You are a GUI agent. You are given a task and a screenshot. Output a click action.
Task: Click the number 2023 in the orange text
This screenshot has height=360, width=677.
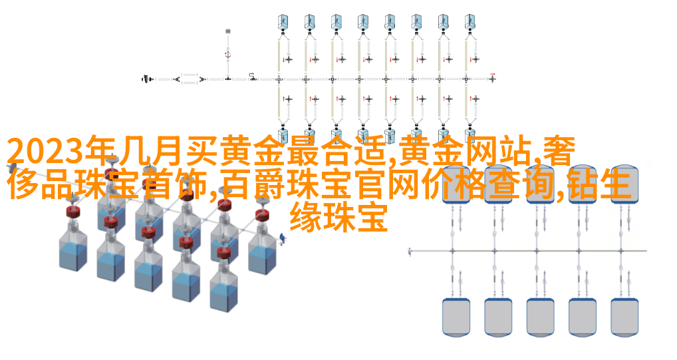45,152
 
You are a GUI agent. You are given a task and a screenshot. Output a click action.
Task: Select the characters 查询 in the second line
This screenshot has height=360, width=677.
521,184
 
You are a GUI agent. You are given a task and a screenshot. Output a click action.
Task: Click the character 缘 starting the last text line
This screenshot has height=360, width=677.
305,218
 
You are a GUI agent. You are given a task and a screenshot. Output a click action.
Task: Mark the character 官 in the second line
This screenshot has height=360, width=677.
371,184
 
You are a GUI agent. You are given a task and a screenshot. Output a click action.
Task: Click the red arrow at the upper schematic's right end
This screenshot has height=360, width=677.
492,74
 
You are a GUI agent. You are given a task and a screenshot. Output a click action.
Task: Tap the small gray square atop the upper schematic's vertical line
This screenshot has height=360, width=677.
228,31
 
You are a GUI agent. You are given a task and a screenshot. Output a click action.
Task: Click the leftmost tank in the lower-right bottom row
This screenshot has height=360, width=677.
456,317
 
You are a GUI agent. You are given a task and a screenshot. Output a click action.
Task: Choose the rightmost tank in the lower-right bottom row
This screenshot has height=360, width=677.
624,317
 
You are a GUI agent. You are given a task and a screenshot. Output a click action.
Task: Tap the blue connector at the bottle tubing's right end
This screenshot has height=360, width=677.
282,238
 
